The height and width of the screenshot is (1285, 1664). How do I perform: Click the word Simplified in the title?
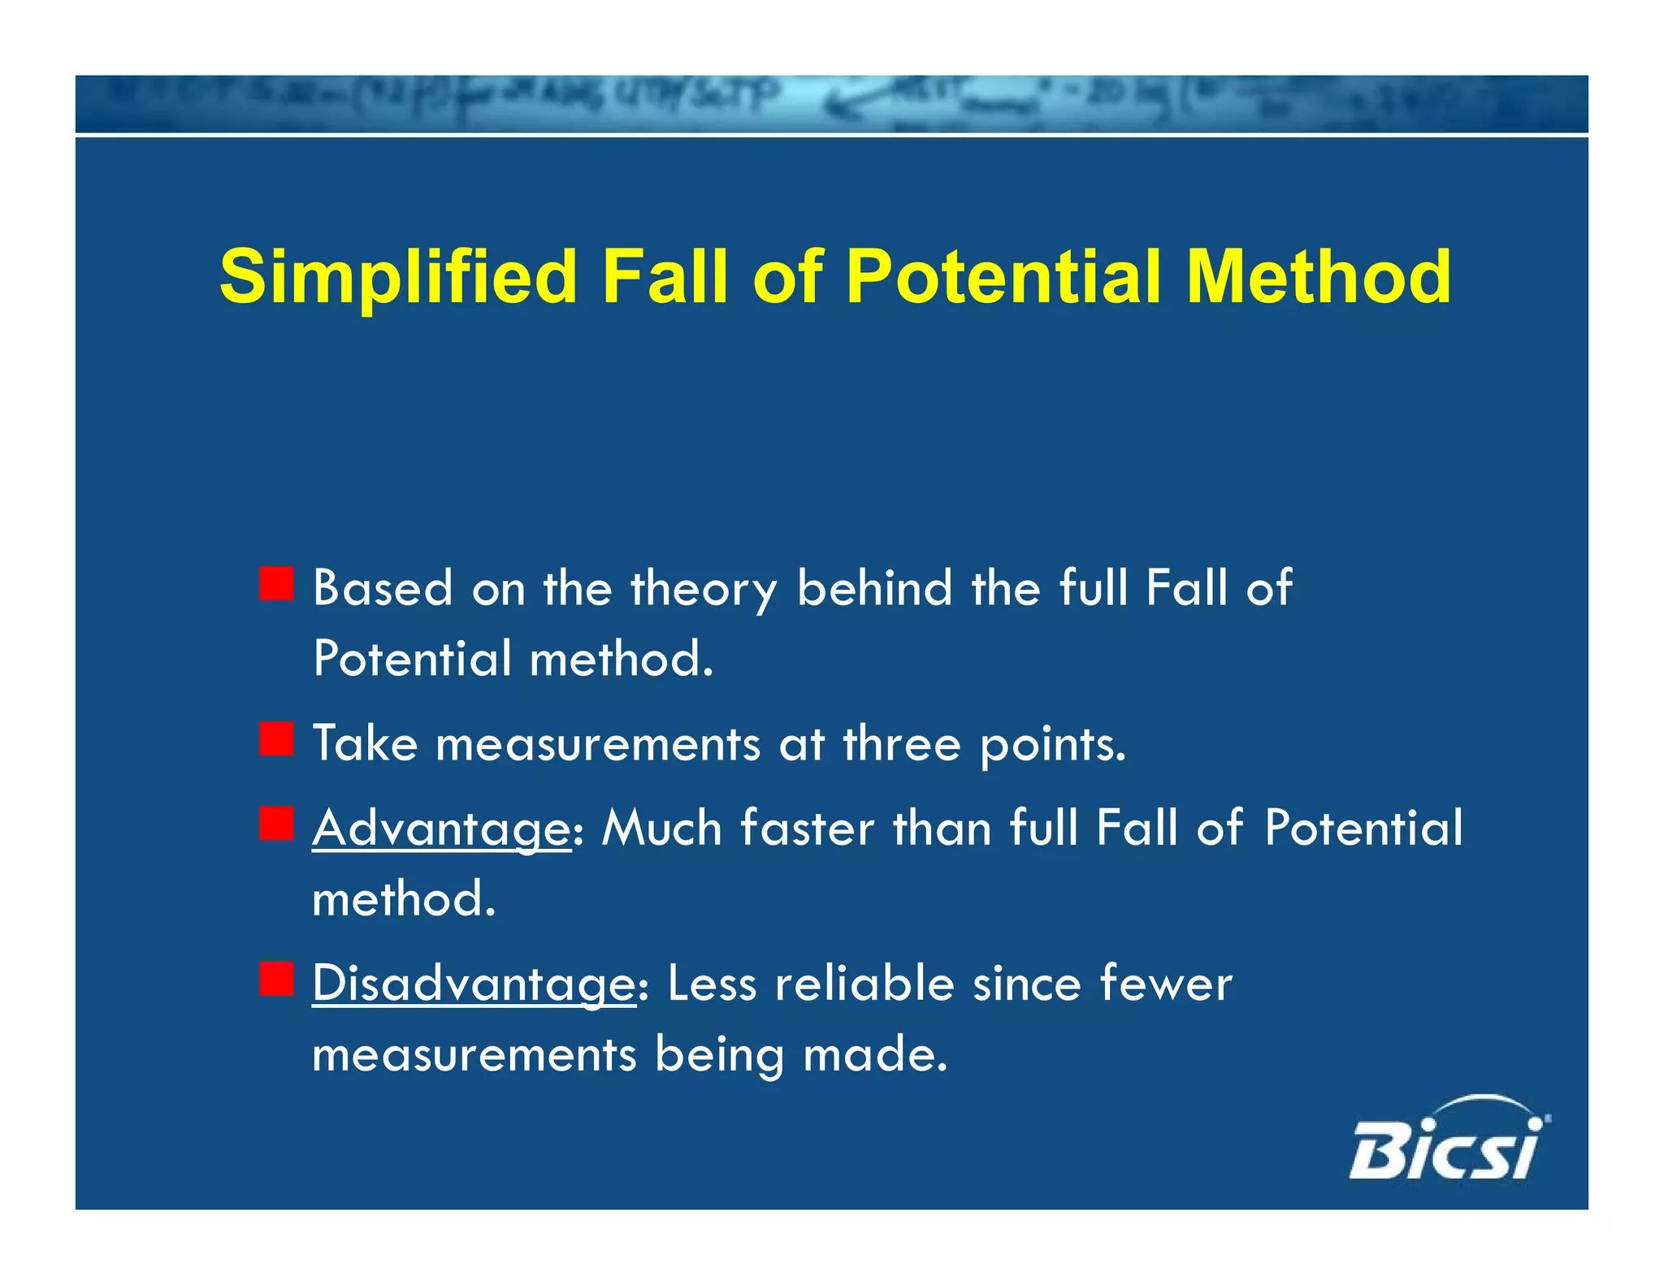coord(398,277)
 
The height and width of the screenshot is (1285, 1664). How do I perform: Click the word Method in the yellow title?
coord(1318,277)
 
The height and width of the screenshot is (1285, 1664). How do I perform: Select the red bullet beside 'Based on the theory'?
coord(276,584)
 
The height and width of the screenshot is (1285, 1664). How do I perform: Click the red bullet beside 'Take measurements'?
coord(276,739)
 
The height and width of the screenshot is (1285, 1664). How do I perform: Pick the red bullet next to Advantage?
coord(276,824)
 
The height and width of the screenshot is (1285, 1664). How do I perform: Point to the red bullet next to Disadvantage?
coord(276,979)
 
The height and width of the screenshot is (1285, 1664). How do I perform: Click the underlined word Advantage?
coord(441,829)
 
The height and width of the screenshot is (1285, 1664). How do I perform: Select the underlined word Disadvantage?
coord(474,984)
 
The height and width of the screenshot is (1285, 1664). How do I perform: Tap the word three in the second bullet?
coord(901,743)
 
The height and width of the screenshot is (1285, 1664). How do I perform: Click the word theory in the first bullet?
coord(704,588)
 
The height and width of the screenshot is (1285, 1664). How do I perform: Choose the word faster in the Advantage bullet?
coord(807,828)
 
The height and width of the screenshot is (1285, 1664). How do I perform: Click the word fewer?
coord(1165,983)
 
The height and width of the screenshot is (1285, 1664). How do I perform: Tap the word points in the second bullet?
coord(1052,745)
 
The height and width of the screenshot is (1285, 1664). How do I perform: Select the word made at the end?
coord(873,1054)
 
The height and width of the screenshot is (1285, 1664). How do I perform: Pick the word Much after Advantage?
coord(661,828)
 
